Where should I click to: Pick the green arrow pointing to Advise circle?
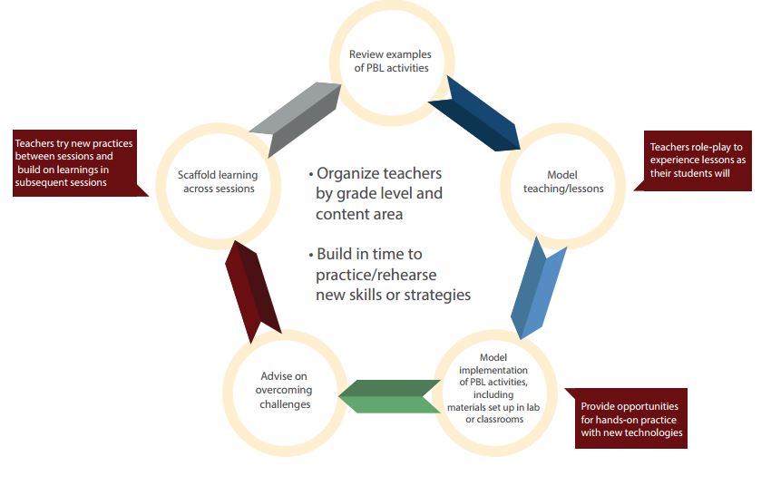[x=389, y=396]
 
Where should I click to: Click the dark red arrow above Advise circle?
[x=252, y=291]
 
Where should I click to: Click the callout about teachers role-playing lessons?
[x=698, y=160]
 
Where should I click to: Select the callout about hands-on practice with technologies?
[x=630, y=419]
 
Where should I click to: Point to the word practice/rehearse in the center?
[x=376, y=275]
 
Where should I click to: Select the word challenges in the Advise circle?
[x=285, y=404]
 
